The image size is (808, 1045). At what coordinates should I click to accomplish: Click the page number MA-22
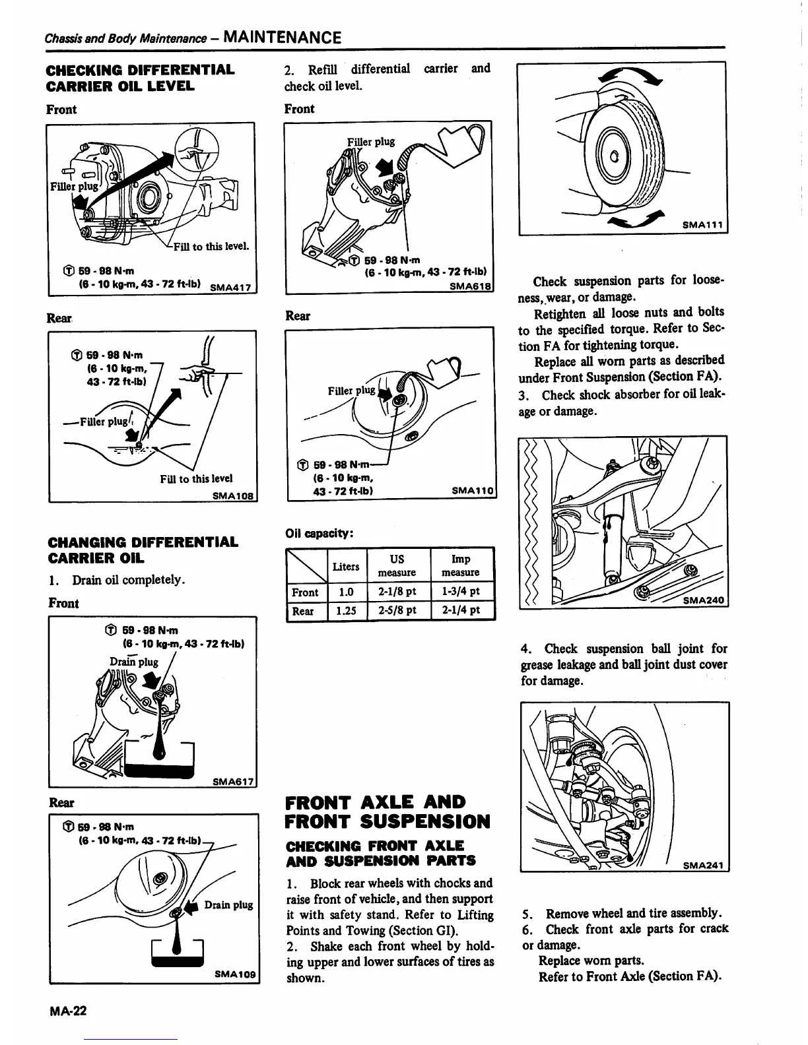(x=67, y=1011)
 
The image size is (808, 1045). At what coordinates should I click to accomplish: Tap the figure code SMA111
(x=703, y=226)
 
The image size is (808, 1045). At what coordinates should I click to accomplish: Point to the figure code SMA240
(x=703, y=600)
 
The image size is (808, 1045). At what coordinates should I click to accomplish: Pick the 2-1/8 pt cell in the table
(x=397, y=592)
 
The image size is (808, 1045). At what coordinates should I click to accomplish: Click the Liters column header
(x=346, y=567)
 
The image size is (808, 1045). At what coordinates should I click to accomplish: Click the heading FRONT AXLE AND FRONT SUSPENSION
(x=387, y=812)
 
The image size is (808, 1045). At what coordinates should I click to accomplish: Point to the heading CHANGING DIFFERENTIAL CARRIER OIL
(x=143, y=550)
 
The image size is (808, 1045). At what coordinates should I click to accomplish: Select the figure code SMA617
(x=234, y=782)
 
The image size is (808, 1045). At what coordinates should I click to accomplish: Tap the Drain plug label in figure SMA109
(x=228, y=904)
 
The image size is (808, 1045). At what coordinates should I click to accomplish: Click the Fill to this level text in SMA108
(x=196, y=479)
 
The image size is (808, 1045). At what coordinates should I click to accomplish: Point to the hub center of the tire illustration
(x=614, y=157)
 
